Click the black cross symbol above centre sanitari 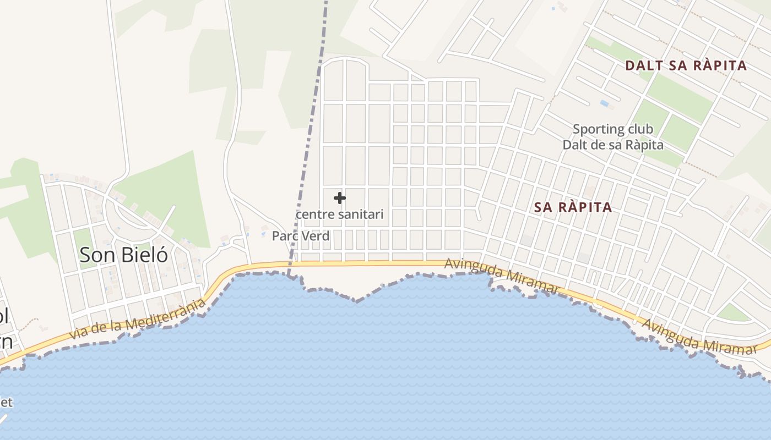340,198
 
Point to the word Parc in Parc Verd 285,236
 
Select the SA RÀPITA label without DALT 573,207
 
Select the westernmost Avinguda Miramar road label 502,273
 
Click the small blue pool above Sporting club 605,103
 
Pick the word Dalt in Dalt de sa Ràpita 574,145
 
